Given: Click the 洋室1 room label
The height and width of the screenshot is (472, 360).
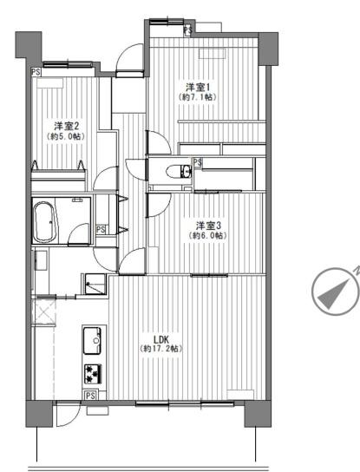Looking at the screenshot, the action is pos(197,88).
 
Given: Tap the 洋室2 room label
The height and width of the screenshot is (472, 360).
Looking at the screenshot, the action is pos(66,126).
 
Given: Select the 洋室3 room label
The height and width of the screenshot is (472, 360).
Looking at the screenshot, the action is pos(208,226).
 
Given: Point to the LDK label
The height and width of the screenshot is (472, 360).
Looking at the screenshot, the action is pos(160,339).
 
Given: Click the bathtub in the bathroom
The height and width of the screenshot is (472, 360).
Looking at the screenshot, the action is pos(45,222).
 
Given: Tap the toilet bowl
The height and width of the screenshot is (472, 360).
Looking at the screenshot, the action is pos(179,172).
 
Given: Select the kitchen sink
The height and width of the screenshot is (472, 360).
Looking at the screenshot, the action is pos(92,340).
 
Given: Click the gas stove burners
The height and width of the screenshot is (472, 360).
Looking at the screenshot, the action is pos(93,374).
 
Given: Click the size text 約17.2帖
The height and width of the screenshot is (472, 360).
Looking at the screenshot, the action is pos(160,349).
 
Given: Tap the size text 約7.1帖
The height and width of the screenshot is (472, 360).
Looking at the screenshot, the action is pos(197,97).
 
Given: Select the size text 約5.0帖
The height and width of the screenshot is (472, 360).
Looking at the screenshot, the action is pos(66,136).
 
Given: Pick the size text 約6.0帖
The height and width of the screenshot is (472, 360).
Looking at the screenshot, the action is pos(207,236).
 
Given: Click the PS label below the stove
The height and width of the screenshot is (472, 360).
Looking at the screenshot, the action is pos(90,396).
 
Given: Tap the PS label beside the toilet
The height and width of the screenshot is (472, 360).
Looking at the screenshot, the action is pos(198,162).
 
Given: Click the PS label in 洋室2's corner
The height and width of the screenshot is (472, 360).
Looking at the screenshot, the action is pos(36,72).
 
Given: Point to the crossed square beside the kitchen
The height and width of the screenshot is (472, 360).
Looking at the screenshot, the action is pos(43,311).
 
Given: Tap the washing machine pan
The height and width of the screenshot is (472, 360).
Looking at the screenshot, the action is pos(95,284).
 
